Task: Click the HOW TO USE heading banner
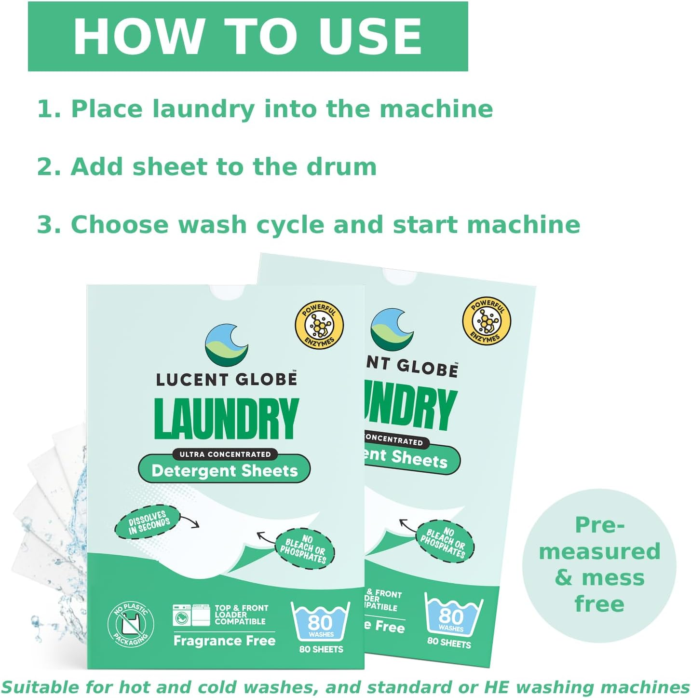coord(248,37)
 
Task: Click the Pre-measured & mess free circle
coord(599,565)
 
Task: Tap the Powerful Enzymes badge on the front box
coord(319,326)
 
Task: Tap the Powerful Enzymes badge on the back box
coord(486,321)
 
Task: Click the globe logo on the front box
coord(227,345)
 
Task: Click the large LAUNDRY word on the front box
coord(226,419)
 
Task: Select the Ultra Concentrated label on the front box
coord(225,454)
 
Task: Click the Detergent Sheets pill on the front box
coord(224,471)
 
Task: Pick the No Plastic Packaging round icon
coord(130,625)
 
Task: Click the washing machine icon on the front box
coord(182,616)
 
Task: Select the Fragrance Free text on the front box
coord(224,641)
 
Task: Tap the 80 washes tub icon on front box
coord(320,622)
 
